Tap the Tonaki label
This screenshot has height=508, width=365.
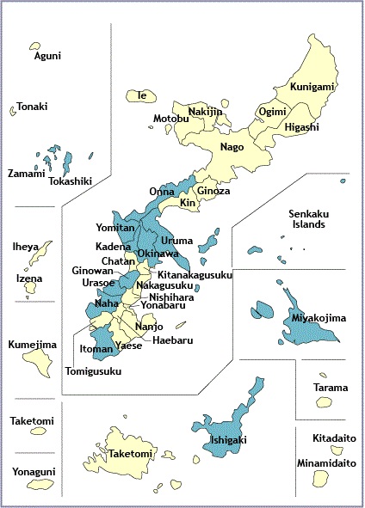coord(33,107)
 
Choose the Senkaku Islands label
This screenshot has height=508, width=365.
coord(306,218)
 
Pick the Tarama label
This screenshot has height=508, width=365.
coord(331,387)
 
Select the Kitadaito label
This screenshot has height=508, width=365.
coord(331,438)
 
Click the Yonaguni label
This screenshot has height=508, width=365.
coord(34,471)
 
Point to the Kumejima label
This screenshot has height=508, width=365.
coord(33,346)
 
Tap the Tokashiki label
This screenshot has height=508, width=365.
coord(71,181)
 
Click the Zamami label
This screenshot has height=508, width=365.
coord(26,174)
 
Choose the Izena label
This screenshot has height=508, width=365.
coord(29,278)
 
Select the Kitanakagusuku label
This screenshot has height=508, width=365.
coord(196,275)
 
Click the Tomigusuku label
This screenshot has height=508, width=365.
coord(94,371)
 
